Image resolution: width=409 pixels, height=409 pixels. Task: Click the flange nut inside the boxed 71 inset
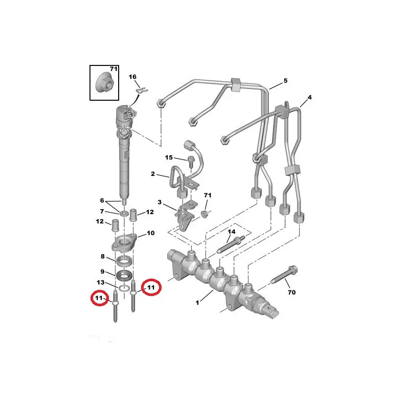tap(105, 83)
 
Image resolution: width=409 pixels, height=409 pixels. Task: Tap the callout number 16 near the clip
tap(132, 77)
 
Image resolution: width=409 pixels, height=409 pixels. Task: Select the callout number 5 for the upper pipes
tap(285, 81)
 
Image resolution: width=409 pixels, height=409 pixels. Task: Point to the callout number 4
tap(309, 97)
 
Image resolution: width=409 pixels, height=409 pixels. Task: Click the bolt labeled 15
tap(190, 162)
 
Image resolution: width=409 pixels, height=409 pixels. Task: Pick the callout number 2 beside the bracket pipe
tap(153, 174)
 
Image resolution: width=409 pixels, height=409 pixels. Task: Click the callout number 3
tap(160, 202)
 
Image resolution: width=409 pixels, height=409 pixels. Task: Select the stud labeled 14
tap(231, 244)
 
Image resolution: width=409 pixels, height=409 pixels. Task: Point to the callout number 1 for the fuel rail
tap(197, 302)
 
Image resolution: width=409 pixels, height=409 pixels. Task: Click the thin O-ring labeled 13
tap(124, 288)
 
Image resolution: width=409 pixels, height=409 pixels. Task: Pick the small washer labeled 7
tap(124, 214)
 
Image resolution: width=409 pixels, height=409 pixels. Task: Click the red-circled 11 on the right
tap(151, 287)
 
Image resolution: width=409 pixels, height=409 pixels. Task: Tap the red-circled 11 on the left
tap(99, 298)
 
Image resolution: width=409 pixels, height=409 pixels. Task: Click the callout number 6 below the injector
tap(102, 200)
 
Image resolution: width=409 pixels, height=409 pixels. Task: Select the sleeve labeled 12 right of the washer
tap(133, 214)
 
